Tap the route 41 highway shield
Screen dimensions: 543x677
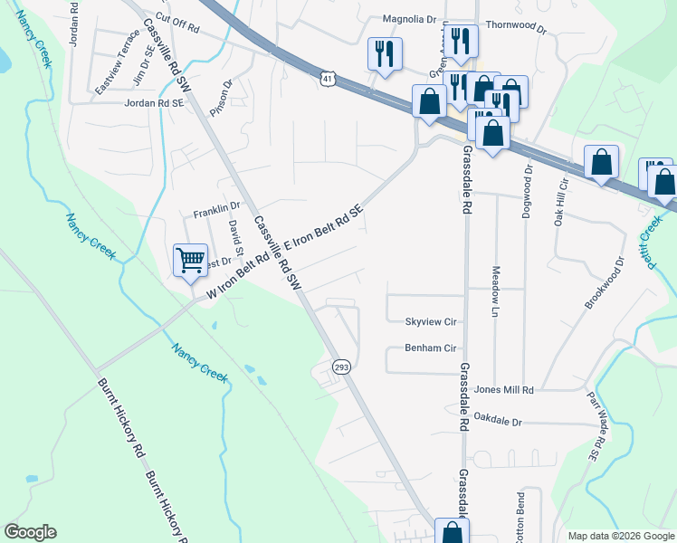(x=326, y=80)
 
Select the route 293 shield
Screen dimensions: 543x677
(x=341, y=367)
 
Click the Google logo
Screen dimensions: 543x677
(x=30, y=532)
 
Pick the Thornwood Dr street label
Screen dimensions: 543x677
(x=517, y=27)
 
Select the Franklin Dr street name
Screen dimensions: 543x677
(x=216, y=213)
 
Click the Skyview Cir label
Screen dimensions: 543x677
(x=430, y=321)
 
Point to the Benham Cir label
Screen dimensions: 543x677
(x=430, y=348)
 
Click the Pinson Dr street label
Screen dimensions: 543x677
(x=221, y=97)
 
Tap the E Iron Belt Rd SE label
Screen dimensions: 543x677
(x=324, y=227)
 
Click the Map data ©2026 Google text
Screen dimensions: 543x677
(x=620, y=536)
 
